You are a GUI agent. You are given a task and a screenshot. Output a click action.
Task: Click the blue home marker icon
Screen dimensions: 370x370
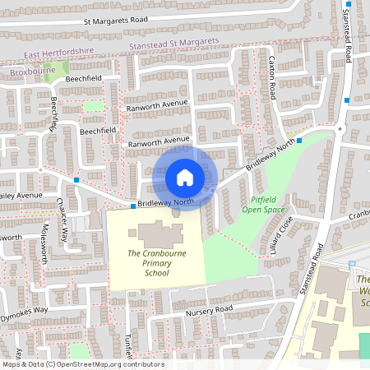(x=185, y=177)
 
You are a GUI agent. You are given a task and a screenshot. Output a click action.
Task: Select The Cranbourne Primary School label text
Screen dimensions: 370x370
(x=155, y=263)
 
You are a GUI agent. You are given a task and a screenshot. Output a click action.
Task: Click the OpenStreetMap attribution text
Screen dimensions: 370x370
(x=82, y=364)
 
